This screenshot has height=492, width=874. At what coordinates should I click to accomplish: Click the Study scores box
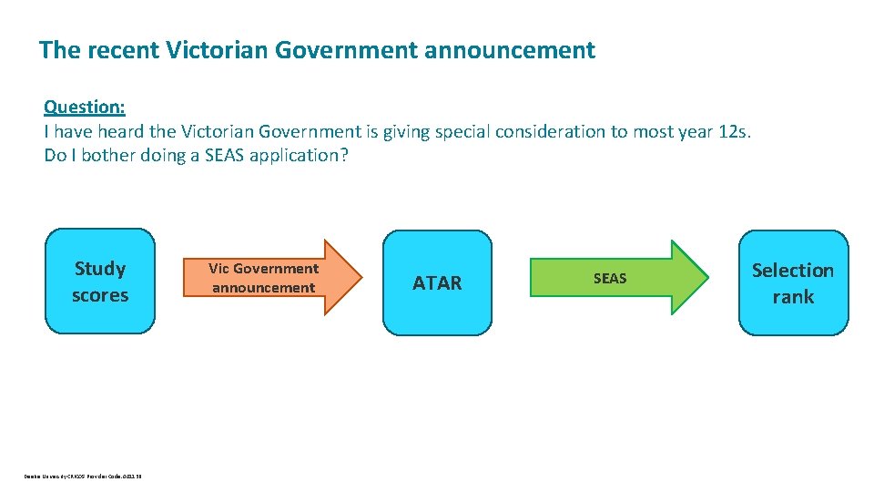tap(100, 282)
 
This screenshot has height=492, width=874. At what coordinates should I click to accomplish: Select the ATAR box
tap(437, 282)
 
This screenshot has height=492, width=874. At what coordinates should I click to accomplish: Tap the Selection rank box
tap(793, 282)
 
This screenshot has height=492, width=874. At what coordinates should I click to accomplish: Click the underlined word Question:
tap(85, 107)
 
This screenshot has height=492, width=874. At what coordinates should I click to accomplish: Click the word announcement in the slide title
tap(510, 50)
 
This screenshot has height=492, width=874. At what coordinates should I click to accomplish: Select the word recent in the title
tap(124, 50)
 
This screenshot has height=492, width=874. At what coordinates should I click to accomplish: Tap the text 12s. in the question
tap(734, 131)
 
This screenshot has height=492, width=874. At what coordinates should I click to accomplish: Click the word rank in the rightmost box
tap(793, 296)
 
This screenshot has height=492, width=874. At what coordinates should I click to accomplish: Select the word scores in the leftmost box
tap(100, 295)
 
